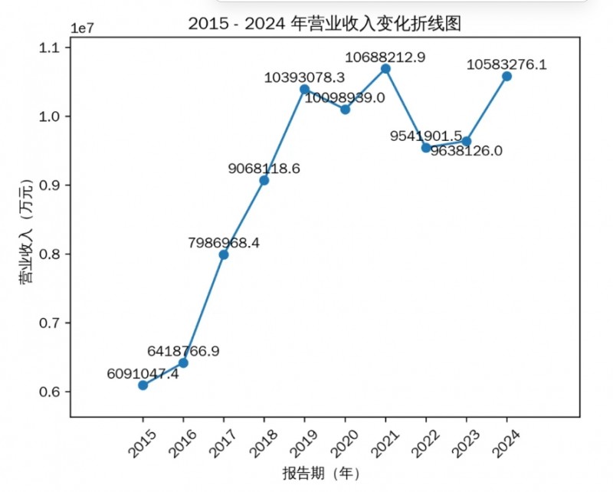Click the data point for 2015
pos(143,385)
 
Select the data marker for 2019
pos(304,89)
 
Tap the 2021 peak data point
pos(385,68)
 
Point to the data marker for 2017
pos(224,254)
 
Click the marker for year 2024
pos(506,76)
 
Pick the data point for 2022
pos(426,147)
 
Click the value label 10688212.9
pos(385,56)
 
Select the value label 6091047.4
pos(143,373)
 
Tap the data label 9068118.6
pos(264,168)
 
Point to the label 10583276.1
pos(506,64)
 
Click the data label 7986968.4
pos(224,242)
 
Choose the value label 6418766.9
pos(183,351)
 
